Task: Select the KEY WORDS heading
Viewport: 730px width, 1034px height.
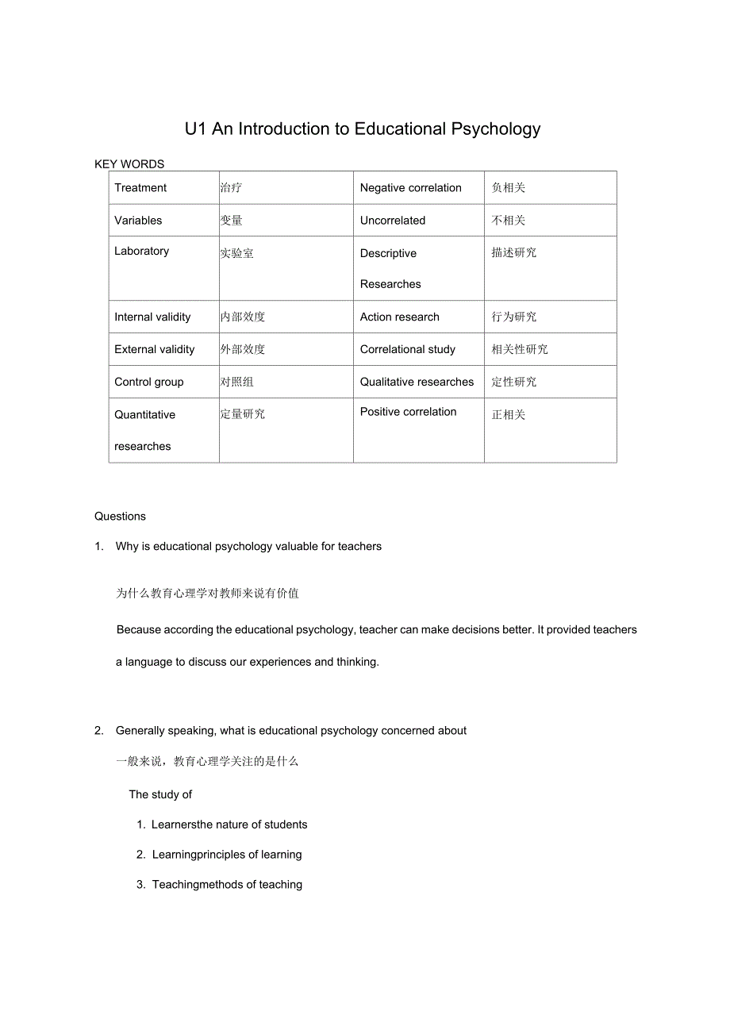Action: [129, 164]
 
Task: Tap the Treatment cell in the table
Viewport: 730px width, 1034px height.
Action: [140, 188]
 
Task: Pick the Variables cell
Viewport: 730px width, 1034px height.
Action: [138, 221]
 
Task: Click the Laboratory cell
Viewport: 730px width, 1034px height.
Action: [141, 252]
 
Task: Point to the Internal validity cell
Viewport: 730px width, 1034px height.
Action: [152, 317]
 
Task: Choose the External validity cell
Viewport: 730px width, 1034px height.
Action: [154, 350]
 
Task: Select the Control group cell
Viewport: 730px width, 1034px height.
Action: [148, 382]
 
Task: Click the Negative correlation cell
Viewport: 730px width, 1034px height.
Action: [410, 188]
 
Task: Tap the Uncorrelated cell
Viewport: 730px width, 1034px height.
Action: [393, 221]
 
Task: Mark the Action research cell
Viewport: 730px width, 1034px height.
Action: [399, 317]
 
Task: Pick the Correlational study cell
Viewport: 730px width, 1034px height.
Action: [408, 350]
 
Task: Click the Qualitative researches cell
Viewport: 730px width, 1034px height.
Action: [417, 382]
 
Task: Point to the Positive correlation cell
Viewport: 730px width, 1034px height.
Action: [408, 413]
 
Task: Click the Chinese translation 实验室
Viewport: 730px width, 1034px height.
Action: [237, 254]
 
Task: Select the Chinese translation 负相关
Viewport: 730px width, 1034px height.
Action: [509, 188]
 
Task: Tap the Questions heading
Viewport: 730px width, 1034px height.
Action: [120, 517]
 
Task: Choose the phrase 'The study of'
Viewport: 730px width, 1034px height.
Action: [160, 795]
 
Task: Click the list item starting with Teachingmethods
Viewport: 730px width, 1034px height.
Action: [227, 885]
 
